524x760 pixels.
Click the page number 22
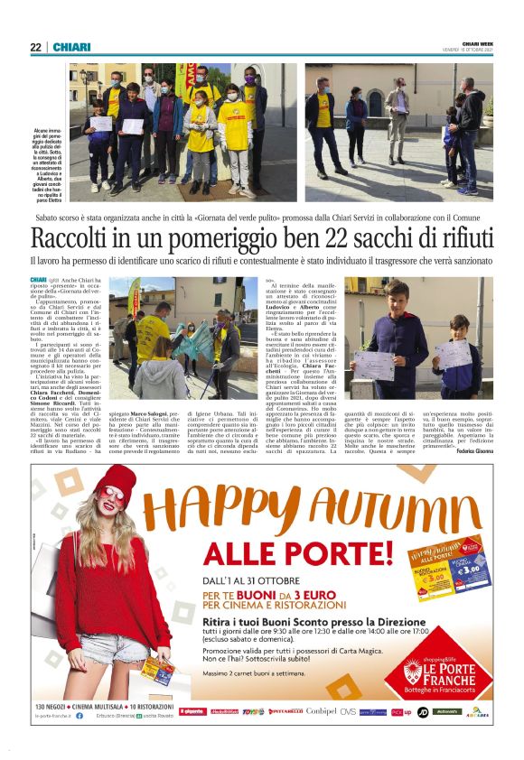tap(35, 47)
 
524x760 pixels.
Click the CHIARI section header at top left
tap(70, 47)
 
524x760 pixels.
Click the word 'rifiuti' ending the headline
tap(457, 238)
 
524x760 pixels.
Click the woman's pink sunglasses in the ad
tap(114, 497)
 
